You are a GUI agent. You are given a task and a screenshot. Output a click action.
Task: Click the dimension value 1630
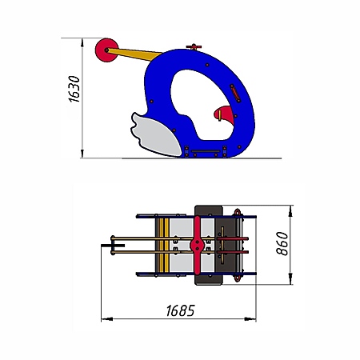click(x=74, y=89)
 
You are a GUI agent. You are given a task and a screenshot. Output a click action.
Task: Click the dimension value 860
click(x=282, y=244)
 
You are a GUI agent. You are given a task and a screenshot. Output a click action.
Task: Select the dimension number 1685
click(x=181, y=310)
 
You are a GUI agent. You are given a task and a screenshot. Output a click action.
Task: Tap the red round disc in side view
click(x=106, y=50)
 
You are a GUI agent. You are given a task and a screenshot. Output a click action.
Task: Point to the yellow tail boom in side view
click(x=134, y=54)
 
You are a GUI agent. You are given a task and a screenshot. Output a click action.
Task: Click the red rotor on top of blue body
click(x=194, y=47)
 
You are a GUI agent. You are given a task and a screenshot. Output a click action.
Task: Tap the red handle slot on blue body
click(x=235, y=93)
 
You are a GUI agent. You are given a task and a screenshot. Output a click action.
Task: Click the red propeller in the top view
click(x=197, y=245)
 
